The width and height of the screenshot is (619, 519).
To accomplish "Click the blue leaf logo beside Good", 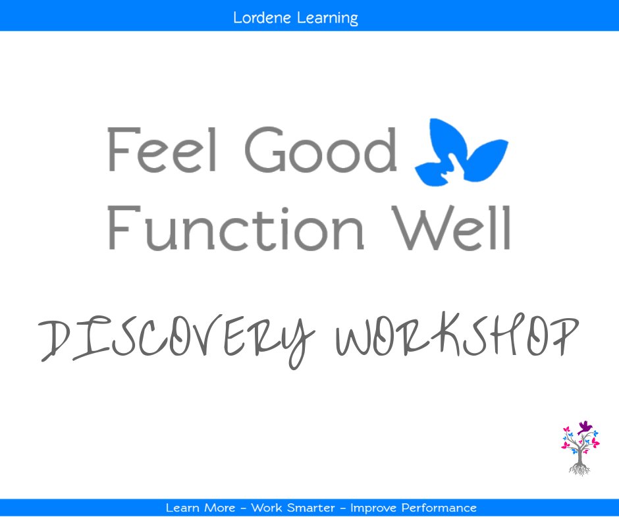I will [x=461, y=153].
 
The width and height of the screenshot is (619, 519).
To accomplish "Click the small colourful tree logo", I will [x=580, y=448].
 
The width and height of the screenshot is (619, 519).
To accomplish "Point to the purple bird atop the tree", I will [x=584, y=427].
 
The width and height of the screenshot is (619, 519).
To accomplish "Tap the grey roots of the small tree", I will [x=579, y=468].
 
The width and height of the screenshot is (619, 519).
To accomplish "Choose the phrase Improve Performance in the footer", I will [x=413, y=508].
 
